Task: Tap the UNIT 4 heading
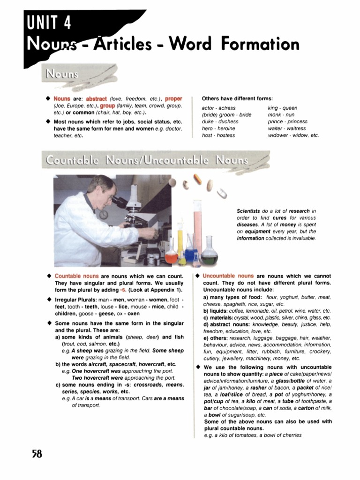point(49,22)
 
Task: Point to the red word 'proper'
point(173,99)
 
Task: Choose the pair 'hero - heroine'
point(218,128)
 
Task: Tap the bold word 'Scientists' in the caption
point(248,211)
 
